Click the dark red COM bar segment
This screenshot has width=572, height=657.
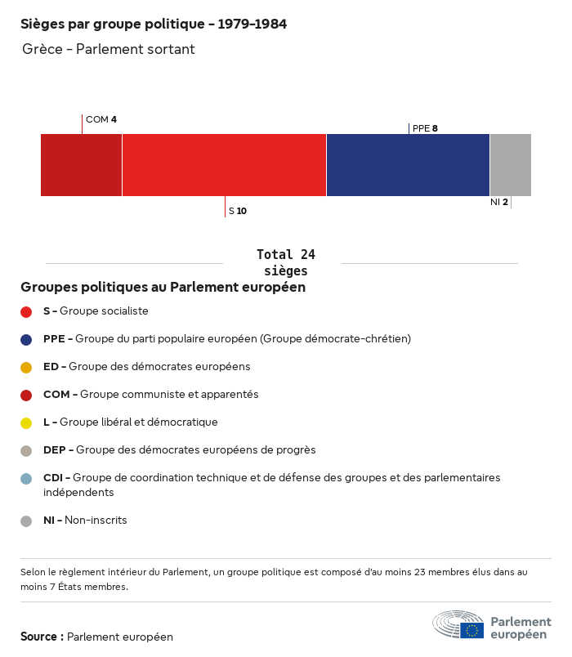click(81, 165)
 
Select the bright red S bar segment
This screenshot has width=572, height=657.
click(224, 165)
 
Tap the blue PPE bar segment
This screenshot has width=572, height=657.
click(408, 165)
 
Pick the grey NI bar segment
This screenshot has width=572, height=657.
click(510, 165)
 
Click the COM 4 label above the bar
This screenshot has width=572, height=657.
click(101, 119)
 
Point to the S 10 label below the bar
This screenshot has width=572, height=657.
click(238, 211)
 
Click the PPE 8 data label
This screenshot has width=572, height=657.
click(425, 128)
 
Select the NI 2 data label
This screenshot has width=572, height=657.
click(499, 202)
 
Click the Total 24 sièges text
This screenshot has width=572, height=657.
click(285, 262)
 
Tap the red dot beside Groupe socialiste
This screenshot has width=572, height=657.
click(26, 311)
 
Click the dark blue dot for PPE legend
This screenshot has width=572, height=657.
click(26, 339)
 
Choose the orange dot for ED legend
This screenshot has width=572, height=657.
click(26, 367)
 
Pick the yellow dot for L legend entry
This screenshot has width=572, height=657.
click(26, 422)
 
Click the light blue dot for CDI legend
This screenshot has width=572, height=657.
click(26, 478)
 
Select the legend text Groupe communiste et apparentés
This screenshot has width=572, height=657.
click(168, 395)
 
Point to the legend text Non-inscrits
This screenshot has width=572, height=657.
click(96, 521)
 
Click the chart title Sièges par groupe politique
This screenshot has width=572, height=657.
click(154, 25)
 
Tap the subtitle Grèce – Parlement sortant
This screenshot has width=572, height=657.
click(109, 49)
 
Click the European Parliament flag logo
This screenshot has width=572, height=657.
click(472, 630)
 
